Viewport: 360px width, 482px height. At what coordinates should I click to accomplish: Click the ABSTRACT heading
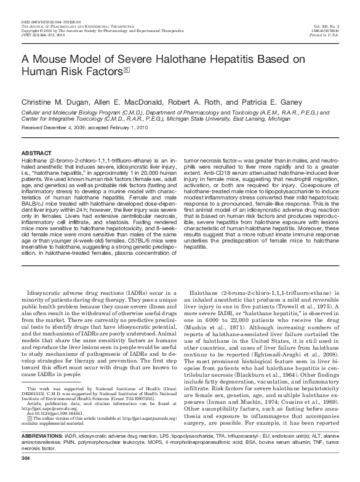(36, 151)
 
